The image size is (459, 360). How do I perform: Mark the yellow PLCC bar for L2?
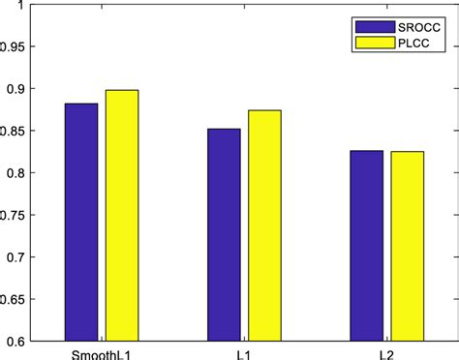pyautogui.click(x=407, y=246)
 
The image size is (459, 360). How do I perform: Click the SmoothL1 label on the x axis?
pyautogui.click(x=102, y=352)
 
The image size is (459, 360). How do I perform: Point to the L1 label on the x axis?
pyautogui.click(x=244, y=352)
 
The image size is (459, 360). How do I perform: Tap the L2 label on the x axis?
pyautogui.click(x=386, y=352)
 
